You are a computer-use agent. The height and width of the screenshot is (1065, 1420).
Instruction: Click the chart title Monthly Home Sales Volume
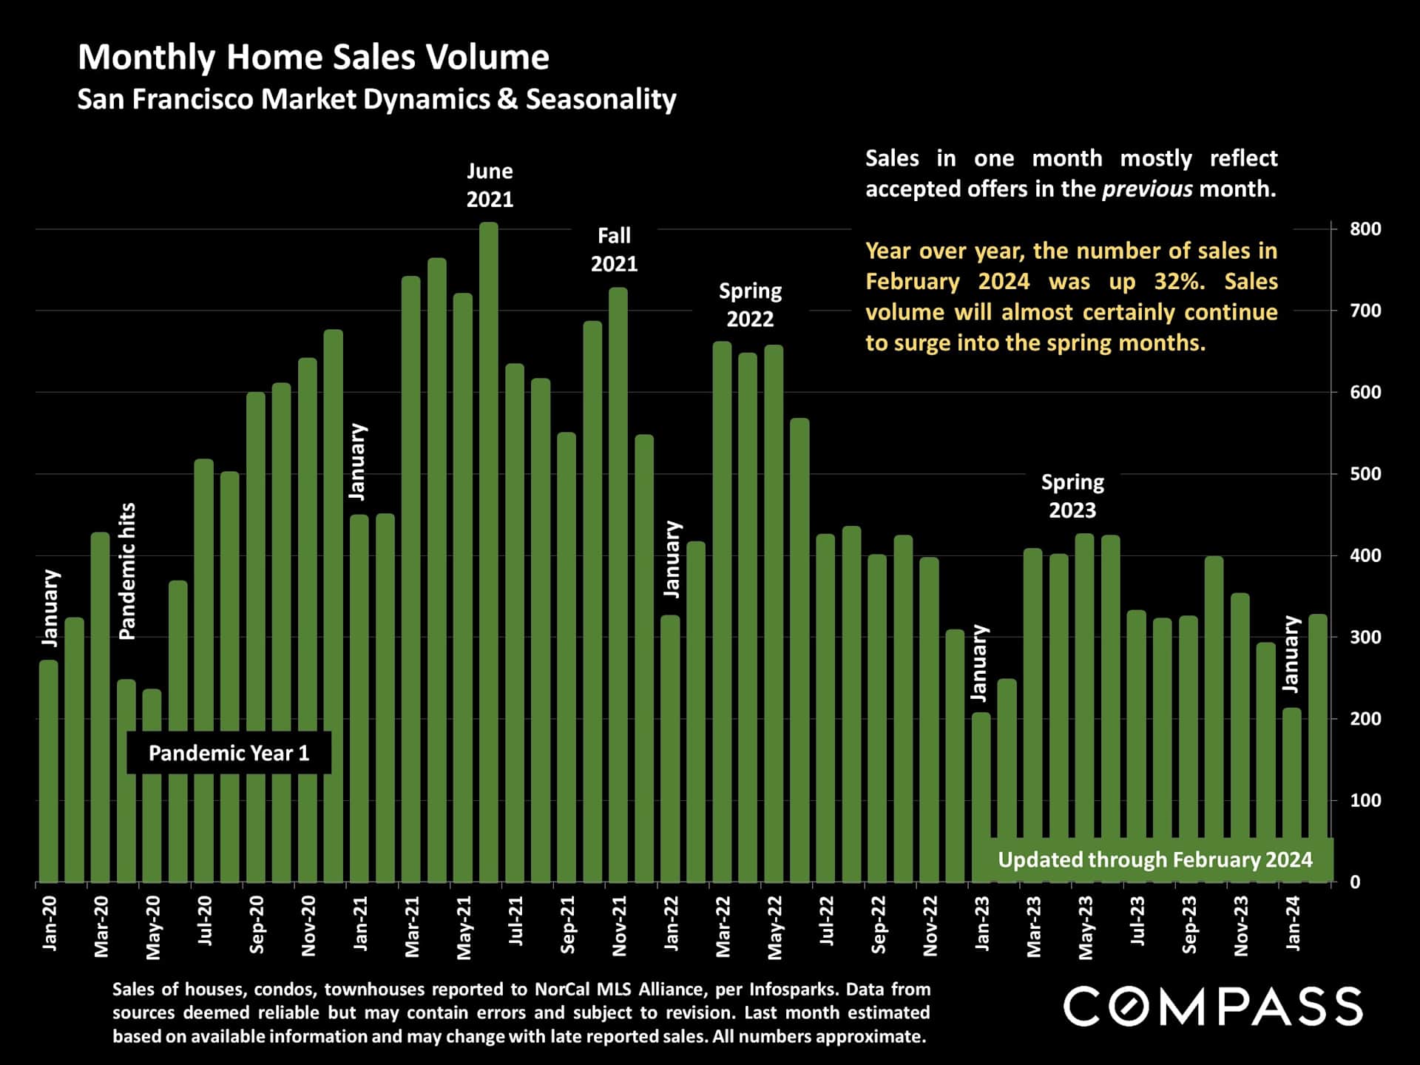[314, 58]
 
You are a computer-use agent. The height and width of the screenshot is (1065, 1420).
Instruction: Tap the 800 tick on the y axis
[1365, 229]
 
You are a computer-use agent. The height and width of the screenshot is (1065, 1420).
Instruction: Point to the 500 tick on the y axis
[1365, 474]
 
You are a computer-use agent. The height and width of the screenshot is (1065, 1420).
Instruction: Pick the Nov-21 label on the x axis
[620, 925]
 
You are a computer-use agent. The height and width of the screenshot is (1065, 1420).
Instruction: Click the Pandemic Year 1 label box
[229, 753]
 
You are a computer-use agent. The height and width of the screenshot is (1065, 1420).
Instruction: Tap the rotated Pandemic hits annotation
[128, 571]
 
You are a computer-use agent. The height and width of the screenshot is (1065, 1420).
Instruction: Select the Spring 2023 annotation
[1072, 496]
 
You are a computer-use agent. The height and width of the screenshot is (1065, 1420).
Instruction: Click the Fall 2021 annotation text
[614, 250]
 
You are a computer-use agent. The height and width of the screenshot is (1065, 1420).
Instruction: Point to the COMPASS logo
[1213, 1007]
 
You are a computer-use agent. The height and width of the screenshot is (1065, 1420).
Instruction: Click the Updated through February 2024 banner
[1154, 859]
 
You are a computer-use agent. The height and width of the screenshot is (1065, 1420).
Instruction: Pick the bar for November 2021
[618, 584]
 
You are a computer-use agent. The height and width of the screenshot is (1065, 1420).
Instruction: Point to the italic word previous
[1147, 189]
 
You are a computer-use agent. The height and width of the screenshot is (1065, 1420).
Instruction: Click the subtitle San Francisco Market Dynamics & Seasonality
[376, 99]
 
